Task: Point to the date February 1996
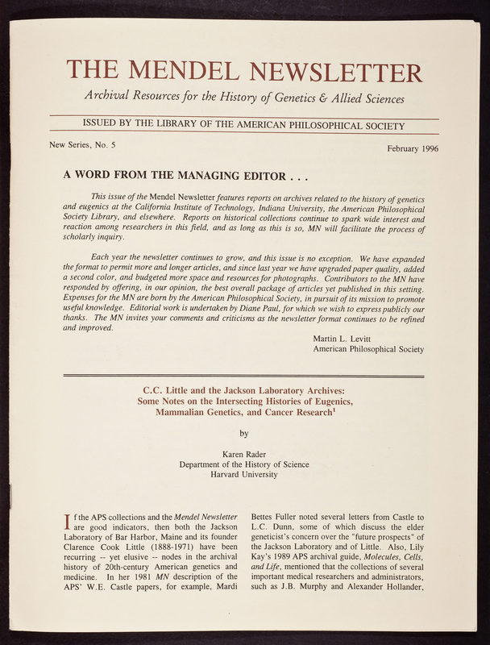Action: click(412, 148)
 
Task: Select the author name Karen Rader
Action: click(244, 453)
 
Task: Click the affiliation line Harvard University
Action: click(244, 474)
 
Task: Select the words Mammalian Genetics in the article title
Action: click(206, 413)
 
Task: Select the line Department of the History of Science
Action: click(244, 464)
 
